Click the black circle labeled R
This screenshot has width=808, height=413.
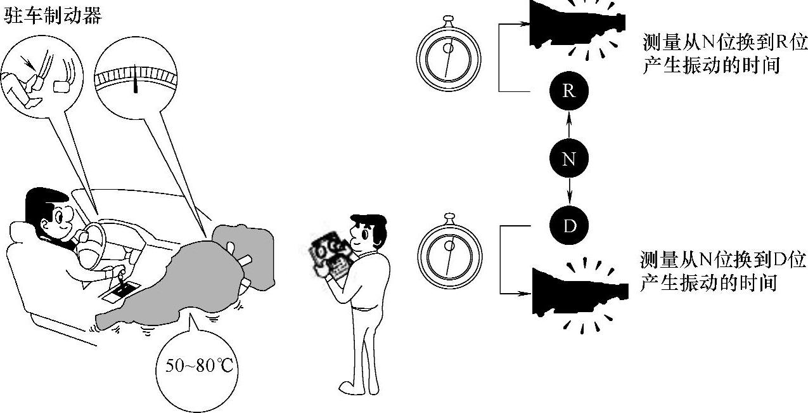(x=568, y=91)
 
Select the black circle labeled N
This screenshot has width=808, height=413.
(x=568, y=159)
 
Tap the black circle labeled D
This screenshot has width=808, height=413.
(x=568, y=226)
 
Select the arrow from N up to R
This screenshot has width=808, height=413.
(x=568, y=125)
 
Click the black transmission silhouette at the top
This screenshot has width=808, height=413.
(x=574, y=25)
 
